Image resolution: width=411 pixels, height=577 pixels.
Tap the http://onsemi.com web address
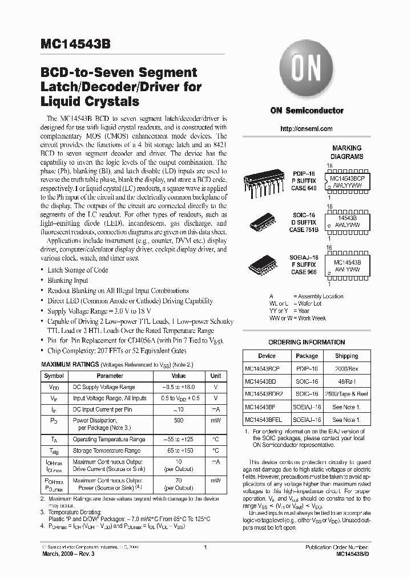pyautogui.click(x=307, y=129)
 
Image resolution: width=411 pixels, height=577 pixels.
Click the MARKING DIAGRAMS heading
pyautogui.click(x=346, y=152)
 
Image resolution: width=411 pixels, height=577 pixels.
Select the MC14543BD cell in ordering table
pyautogui.click(x=260, y=381)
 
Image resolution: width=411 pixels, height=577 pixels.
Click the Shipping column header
pyautogui.click(x=346, y=356)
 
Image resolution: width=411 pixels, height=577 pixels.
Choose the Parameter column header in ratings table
pyautogui.click(x=110, y=376)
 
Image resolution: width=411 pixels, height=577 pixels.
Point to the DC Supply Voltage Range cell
pyautogui.click(x=103, y=387)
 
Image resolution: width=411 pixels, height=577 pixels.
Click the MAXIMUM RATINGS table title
pyautogui.click(x=69, y=364)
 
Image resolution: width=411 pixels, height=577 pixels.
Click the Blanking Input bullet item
pyautogui.click(x=67, y=281)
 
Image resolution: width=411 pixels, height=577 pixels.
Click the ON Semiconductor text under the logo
pyautogui.click(x=307, y=111)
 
